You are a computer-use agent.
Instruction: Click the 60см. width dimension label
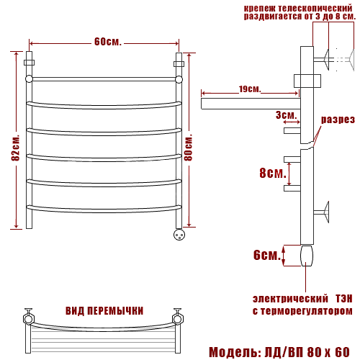tap(108, 42)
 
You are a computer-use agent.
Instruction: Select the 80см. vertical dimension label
tap(189, 148)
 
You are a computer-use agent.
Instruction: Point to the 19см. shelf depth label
tap(250, 89)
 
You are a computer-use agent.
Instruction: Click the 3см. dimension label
tap(286, 115)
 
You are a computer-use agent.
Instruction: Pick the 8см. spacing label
tap(273, 173)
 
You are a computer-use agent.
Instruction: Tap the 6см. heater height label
tap(267, 255)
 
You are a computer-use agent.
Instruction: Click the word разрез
tap(338, 120)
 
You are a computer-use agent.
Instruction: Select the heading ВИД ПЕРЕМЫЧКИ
tap(104, 311)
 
